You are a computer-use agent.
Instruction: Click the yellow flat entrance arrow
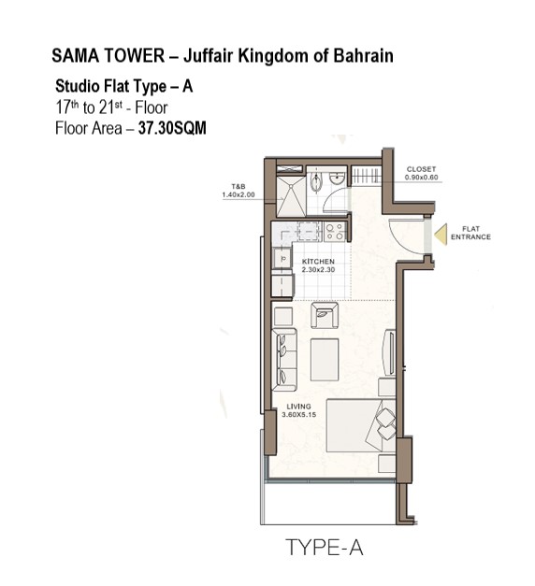pos(442,235)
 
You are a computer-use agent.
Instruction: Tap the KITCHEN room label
pos(318,262)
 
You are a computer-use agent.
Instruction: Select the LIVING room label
pos(298,407)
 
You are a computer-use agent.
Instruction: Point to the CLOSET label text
pos(421,169)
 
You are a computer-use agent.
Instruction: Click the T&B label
pos(239,187)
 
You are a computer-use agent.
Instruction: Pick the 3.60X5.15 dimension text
pos(299,414)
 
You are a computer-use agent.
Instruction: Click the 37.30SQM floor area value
pos(172,128)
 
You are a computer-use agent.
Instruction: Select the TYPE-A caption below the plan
pos(324,548)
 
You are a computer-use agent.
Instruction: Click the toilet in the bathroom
pos(316,182)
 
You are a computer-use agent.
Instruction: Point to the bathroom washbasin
pos(337,179)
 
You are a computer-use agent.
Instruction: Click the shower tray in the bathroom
pos(291,196)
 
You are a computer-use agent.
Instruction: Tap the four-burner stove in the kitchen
pos(335,232)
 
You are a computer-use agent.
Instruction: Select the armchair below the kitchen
pos(325,315)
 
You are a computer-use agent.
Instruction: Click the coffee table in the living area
pos(325,360)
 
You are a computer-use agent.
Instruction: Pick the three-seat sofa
pos(284,360)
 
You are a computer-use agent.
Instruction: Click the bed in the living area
pos(361,425)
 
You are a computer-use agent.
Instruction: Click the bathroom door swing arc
pos(335,201)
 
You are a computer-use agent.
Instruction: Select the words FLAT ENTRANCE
pos(470,233)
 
